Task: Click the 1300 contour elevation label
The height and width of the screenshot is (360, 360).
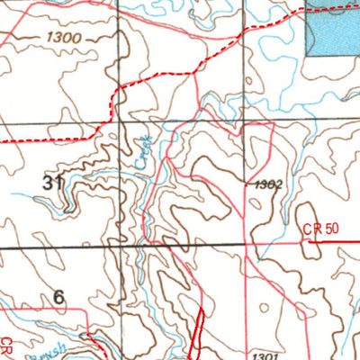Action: tap(62, 38)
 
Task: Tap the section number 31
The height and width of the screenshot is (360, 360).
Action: tap(52, 183)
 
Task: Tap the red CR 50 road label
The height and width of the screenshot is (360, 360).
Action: tap(320, 230)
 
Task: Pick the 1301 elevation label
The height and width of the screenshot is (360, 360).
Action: tap(265, 355)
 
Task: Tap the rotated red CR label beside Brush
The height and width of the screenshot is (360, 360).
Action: tap(7, 346)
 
